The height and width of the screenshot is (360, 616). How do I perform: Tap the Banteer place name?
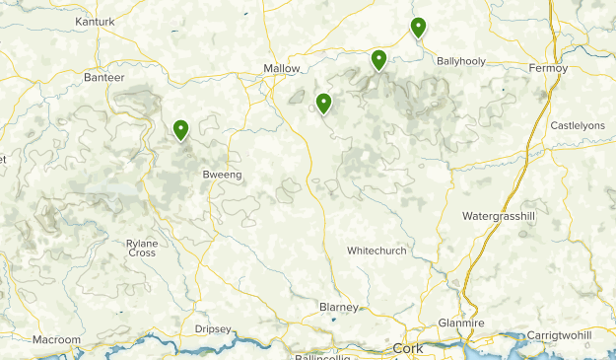tap(104, 77)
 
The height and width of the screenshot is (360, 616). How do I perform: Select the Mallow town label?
tap(281, 68)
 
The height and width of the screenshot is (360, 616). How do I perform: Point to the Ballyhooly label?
tap(461, 60)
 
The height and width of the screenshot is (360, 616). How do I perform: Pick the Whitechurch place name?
tap(376, 251)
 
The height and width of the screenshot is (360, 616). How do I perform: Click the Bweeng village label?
tap(222, 175)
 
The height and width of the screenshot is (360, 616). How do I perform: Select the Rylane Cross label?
tap(142, 248)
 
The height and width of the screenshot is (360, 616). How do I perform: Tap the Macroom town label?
tap(56, 339)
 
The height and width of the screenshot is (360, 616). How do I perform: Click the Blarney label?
tap(339, 307)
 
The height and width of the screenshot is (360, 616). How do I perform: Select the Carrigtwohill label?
tap(559, 335)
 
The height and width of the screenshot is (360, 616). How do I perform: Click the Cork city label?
tap(407, 348)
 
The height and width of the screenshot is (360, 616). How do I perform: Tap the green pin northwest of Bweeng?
tap(181, 129)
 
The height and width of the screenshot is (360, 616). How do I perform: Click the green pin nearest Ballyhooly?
tap(418, 28)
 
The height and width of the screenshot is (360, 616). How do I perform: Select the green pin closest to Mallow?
tap(323, 103)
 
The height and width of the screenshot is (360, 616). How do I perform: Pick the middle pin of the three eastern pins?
tap(378, 60)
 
